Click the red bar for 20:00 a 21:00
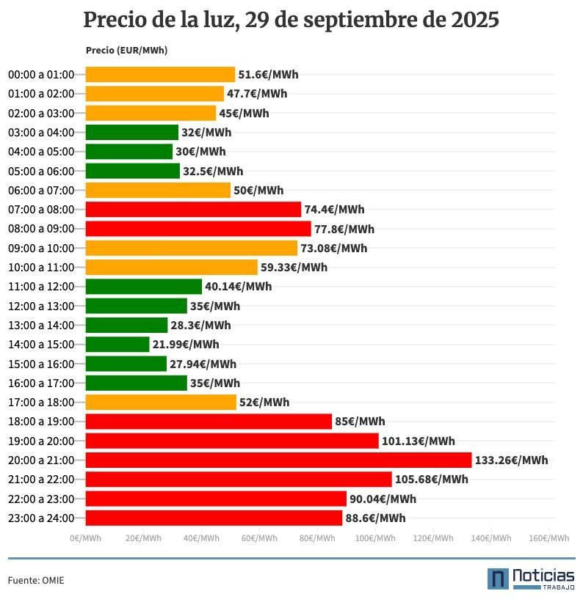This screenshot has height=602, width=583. point(278,460)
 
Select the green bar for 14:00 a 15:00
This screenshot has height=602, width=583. point(117,344)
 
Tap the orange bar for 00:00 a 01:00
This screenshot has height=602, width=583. point(160,74)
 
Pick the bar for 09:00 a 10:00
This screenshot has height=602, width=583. point(191,248)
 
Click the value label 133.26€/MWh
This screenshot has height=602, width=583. point(511,460)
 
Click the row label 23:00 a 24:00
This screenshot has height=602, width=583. point(41,518)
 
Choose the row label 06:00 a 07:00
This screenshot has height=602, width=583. point(41,190)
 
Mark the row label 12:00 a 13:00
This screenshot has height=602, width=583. point(41,306)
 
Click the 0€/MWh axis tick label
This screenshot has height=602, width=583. point(85,538)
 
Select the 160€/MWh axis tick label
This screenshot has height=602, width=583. point(549,538)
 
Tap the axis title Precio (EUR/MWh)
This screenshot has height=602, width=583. point(126,51)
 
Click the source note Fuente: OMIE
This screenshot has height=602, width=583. point(36,580)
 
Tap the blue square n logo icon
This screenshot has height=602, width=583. point(498,578)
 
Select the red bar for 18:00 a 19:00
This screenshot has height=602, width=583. point(209,422)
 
